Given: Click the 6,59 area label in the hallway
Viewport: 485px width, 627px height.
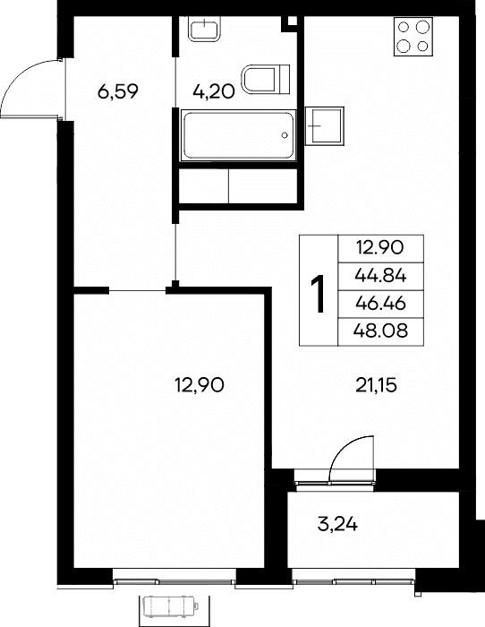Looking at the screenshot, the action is point(118,91).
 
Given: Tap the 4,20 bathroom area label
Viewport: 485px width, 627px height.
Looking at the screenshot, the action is point(213,91).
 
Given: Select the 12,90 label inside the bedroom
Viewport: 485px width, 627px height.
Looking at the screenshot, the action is point(200,385).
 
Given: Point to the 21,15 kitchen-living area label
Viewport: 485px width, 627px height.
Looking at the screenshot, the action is point(377,386).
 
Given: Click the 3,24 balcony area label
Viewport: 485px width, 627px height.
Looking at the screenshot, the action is point(337,524).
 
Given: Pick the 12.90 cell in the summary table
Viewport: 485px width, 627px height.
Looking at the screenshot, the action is point(380,248).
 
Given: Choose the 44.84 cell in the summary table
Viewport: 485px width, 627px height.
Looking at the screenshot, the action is point(380,276).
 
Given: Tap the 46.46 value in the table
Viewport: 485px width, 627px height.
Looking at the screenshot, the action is point(380,304).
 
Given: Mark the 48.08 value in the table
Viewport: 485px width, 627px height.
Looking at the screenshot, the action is point(380,331).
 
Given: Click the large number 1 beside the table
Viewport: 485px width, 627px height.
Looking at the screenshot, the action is point(319,293).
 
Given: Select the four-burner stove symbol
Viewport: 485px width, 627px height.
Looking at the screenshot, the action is point(413,37).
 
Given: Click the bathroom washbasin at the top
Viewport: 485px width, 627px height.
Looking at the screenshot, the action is point(204,29).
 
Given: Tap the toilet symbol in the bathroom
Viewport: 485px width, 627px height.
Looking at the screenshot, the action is point(266,79).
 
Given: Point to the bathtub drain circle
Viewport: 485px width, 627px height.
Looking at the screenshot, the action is point(285,135).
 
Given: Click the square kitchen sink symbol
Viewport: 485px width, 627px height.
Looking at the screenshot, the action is point(325,126).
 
